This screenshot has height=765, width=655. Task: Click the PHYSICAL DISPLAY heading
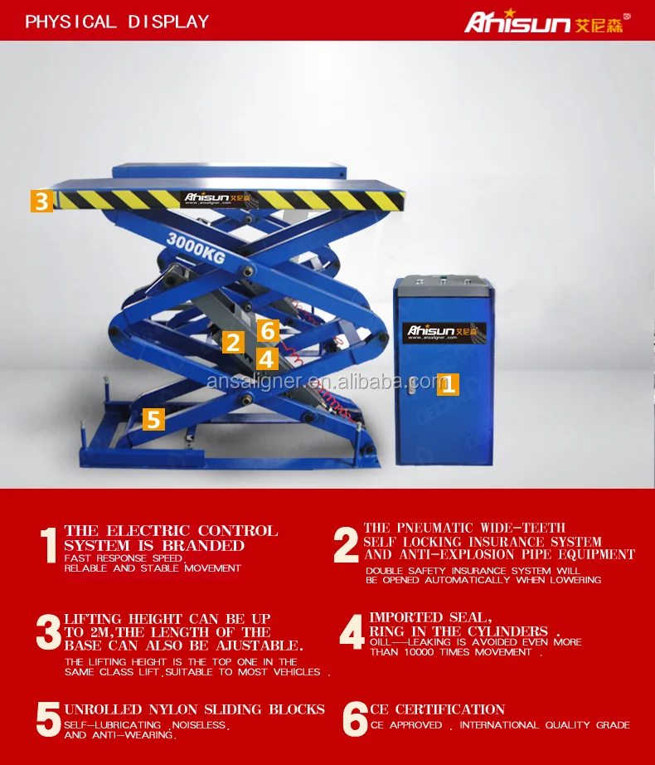click(117, 22)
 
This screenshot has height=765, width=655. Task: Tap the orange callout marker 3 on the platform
click(41, 201)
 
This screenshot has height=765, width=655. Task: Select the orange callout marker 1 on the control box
click(448, 384)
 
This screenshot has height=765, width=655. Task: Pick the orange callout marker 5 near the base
click(153, 419)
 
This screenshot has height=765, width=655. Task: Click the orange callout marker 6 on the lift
click(268, 330)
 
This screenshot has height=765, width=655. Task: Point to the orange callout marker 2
click(233, 342)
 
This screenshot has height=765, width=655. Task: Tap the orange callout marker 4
click(266, 359)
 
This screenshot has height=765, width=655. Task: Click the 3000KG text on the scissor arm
click(196, 248)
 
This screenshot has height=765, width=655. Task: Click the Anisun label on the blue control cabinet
click(444, 332)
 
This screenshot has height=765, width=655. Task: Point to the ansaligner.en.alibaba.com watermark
click(327, 381)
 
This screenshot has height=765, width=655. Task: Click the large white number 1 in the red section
click(48, 545)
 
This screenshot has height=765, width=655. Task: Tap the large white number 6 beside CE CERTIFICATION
click(355, 719)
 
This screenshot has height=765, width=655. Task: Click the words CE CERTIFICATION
click(437, 709)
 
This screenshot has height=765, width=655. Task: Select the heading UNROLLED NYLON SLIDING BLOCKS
click(195, 709)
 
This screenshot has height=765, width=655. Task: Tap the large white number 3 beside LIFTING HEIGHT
click(48, 631)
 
